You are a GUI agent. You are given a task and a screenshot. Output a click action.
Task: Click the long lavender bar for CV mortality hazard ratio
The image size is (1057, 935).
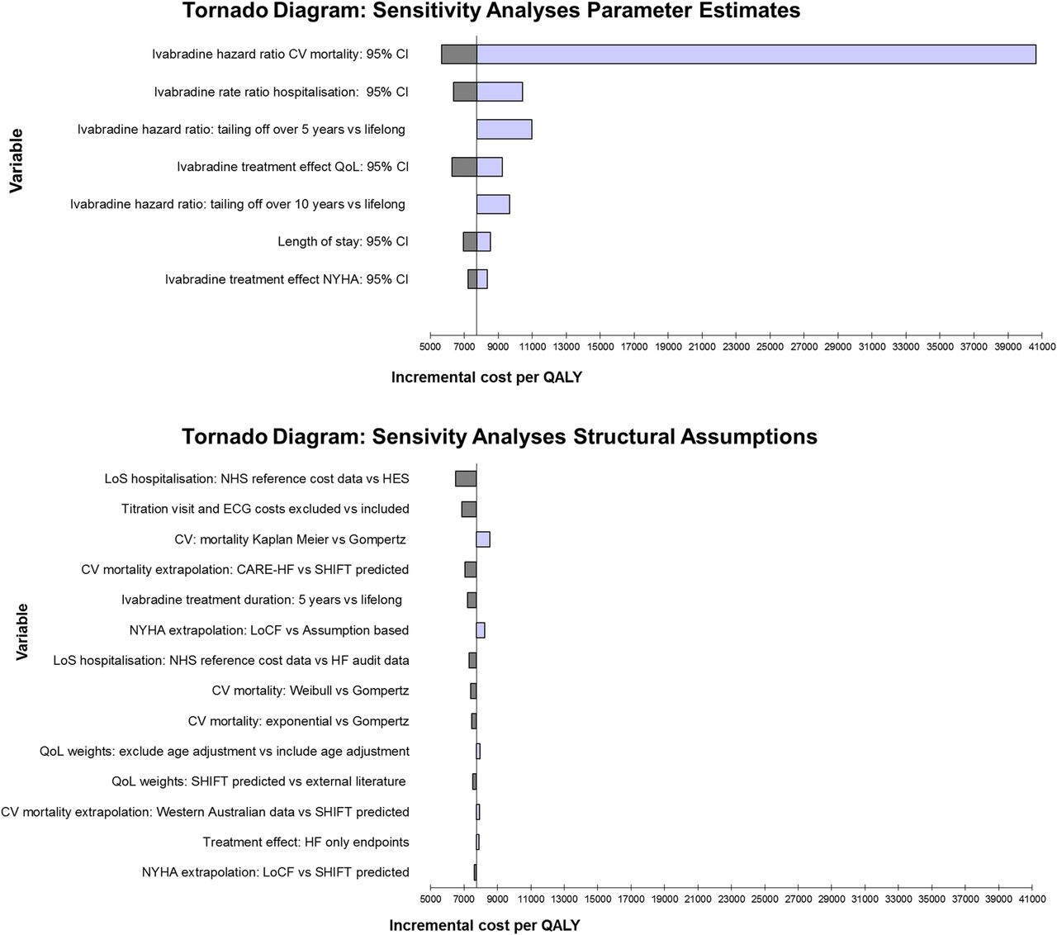pyautogui.click(x=756, y=55)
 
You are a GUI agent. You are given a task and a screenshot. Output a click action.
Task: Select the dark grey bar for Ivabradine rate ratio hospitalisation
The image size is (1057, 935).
pyautogui.click(x=465, y=92)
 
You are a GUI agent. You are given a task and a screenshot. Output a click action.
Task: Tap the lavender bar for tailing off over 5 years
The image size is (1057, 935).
pyautogui.click(x=504, y=130)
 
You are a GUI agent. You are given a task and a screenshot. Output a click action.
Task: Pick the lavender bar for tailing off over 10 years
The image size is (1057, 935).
pyautogui.click(x=493, y=204)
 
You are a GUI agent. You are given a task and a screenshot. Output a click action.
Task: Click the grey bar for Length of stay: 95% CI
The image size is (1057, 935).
pyautogui.click(x=470, y=241)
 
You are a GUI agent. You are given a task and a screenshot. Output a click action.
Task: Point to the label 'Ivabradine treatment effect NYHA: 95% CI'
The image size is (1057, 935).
pyautogui.click(x=287, y=279)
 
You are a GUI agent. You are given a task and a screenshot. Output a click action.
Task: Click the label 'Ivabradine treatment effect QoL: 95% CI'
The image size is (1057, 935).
pyautogui.click(x=292, y=167)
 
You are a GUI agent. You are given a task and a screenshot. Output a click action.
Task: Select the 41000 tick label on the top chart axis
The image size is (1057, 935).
pyautogui.click(x=1042, y=346)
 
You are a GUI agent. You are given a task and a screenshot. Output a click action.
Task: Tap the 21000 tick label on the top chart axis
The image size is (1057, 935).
pyautogui.click(x=702, y=346)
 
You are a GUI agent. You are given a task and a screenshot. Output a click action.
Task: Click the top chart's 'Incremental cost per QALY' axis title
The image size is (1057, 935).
pyautogui.click(x=486, y=377)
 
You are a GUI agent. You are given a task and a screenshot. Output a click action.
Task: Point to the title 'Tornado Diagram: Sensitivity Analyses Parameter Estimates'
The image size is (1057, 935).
pyautogui.click(x=491, y=11)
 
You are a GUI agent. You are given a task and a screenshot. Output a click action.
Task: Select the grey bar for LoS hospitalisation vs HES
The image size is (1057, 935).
pyautogui.click(x=466, y=478)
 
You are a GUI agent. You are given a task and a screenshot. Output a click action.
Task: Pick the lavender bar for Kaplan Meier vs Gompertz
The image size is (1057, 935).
pyautogui.click(x=483, y=539)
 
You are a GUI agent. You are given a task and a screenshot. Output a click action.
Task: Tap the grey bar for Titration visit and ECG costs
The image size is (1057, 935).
pyautogui.click(x=469, y=509)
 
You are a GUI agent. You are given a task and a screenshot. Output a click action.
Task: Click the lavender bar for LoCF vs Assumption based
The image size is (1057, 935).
pyautogui.click(x=481, y=629)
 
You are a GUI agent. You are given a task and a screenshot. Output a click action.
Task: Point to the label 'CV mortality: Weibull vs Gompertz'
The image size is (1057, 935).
pyautogui.click(x=310, y=691)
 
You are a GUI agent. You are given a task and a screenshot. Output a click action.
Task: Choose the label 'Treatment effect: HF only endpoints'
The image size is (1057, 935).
pyautogui.click(x=306, y=842)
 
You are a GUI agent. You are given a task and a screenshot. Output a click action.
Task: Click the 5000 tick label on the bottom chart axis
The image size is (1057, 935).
pyautogui.click(x=430, y=899)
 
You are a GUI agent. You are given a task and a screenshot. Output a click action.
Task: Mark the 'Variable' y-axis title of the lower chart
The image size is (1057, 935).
pyautogui.click(x=21, y=632)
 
